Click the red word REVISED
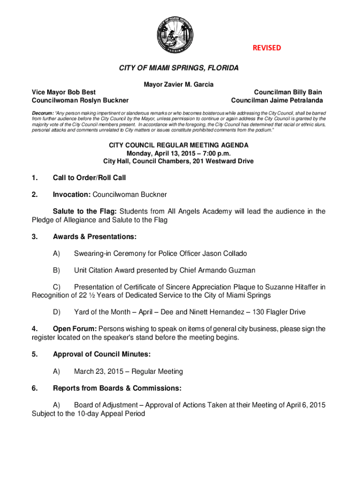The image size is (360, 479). point(267,48)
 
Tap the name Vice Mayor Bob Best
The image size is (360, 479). point(64,93)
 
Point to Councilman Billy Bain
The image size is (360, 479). point(288,93)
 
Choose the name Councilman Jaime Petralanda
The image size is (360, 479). point(277,101)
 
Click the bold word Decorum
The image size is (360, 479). point(43,114)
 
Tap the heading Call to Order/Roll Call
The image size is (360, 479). point(89,178)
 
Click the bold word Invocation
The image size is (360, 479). point(72,194)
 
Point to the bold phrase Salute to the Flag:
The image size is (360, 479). point(82,211)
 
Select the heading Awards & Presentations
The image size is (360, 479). point(94,237)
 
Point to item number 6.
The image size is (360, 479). point(35,388)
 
